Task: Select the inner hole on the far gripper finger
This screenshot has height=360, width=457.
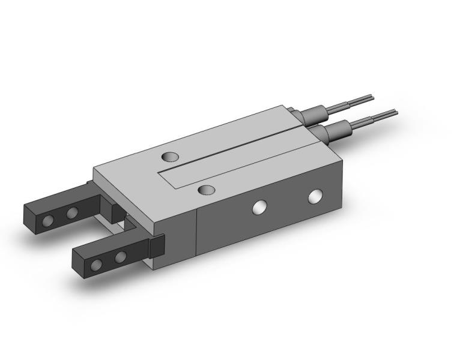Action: point(72,212)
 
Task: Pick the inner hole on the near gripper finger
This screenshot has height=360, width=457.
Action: point(121,257)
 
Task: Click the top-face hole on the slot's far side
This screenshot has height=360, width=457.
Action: point(171,157)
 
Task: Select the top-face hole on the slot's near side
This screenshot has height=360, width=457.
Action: point(207,190)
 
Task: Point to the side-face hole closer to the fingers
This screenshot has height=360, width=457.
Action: point(259,207)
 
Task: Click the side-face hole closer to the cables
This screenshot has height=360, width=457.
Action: point(315,196)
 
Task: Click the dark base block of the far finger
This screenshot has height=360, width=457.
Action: point(115,211)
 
